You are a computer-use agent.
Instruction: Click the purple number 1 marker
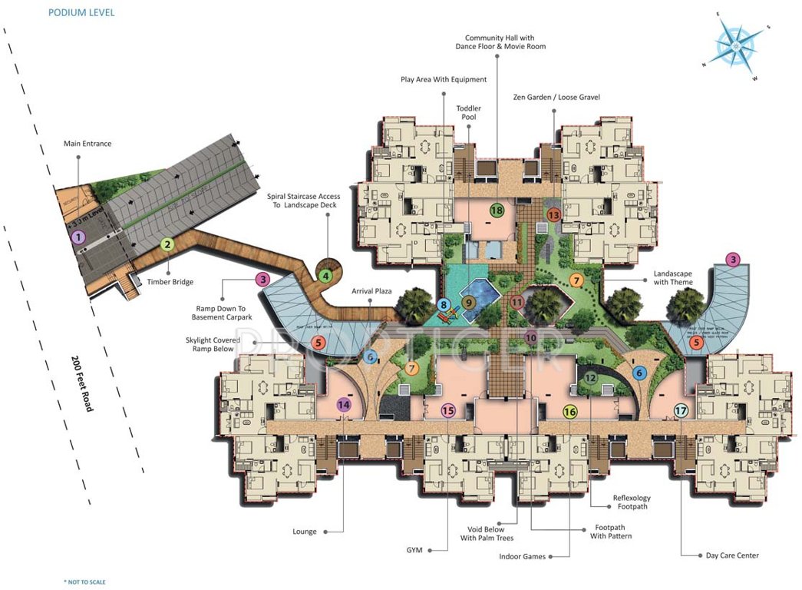[x=78, y=237]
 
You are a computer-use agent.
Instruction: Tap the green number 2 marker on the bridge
[x=167, y=245]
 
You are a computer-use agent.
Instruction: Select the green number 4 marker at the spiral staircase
[x=326, y=275]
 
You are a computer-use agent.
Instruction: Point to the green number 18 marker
[x=497, y=210]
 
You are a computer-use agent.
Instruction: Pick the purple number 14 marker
[x=343, y=404]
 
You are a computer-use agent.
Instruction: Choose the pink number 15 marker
[x=449, y=411]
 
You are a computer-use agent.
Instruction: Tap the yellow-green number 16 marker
[x=569, y=412]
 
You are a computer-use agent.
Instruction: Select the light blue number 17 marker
[x=681, y=411]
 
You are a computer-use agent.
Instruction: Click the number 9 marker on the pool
[x=467, y=303]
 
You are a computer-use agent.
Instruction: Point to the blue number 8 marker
[x=444, y=304]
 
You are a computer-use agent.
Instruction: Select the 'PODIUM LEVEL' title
[x=81, y=13]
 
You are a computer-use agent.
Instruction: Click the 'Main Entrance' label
[x=87, y=144]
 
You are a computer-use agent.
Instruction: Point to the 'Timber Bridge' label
[x=165, y=282]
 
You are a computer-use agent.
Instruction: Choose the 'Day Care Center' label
[x=732, y=555]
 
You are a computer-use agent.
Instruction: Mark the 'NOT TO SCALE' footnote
[x=84, y=582]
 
